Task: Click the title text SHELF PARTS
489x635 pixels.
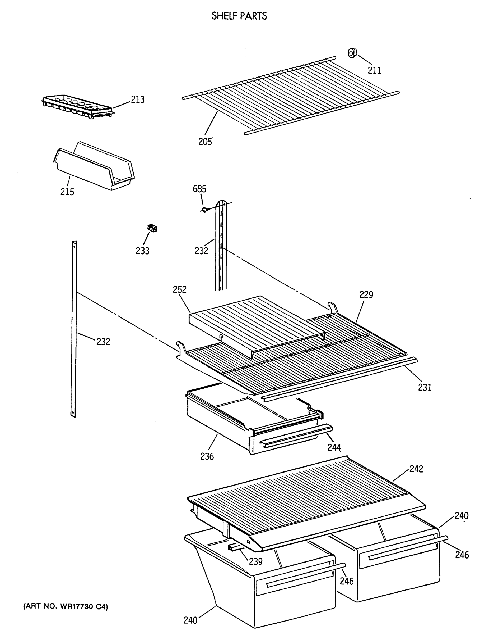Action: coord(239,16)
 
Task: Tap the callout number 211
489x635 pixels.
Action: coord(374,70)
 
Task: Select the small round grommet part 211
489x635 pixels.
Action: coord(352,53)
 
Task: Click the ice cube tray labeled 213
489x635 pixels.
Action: coord(77,106)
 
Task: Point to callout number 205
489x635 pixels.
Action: coord(205,142)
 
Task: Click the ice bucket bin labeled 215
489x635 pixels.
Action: coord(94,166)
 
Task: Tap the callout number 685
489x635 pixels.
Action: coord(199,189)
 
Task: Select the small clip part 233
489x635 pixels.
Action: coord(152,228)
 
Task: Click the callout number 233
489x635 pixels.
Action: coord(142,251)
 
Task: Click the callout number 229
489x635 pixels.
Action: coord(366,294)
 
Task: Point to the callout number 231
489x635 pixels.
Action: coord(424,387)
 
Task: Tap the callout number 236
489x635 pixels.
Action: coord(207,456)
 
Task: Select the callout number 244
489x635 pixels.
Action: coord(334,447)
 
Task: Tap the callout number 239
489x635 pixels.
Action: coord(255,561)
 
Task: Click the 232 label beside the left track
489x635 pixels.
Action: coord(103,342)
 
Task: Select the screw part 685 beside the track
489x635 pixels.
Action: coord(204,209)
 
